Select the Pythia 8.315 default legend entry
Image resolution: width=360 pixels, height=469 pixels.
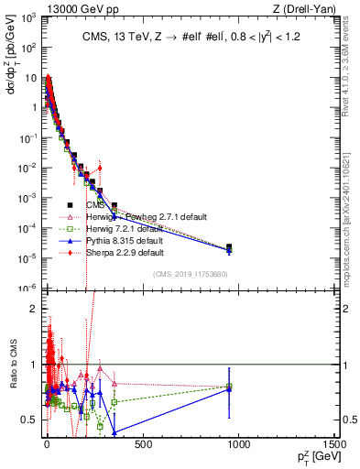tap(123, 240)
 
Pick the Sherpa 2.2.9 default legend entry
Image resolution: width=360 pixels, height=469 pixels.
tap(124, 252)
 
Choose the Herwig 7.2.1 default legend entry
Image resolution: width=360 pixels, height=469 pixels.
tap(123, 228)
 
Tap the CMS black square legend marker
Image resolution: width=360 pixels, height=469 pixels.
tap(70, 205)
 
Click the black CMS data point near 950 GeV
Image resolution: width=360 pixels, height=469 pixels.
tap(229, 246)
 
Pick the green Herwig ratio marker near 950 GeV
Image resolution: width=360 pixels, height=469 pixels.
tap(229, 387)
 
